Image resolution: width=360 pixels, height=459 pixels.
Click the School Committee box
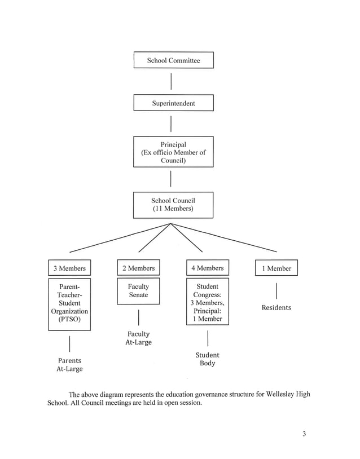(x=173, y=60)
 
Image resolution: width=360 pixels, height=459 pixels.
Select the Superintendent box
(x=173, y=103)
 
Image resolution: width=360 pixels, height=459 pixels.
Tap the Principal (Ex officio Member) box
(x=173, y=152)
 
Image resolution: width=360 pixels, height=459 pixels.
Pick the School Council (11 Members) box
(x=173, y=205)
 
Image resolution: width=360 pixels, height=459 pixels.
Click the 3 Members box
(x=69, y=268)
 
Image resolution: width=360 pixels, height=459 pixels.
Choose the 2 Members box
(x=138, y=268)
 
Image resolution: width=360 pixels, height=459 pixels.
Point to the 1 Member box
(x=276, y=268)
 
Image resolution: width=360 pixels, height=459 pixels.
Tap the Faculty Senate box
(x=138, y=291)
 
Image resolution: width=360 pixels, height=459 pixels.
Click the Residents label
(x=276, y=308)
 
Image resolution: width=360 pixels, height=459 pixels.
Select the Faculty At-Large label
(x=138, y=338)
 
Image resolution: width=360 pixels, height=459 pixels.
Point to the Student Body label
(x=207, y=359)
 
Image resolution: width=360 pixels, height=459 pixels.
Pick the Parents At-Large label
(x=69, y=365)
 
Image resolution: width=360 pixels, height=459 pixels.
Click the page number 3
(x=304, y=434)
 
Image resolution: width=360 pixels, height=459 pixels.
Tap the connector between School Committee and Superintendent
(x=171, y=81)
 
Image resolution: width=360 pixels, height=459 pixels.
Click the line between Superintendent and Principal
(x=171, y=123)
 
